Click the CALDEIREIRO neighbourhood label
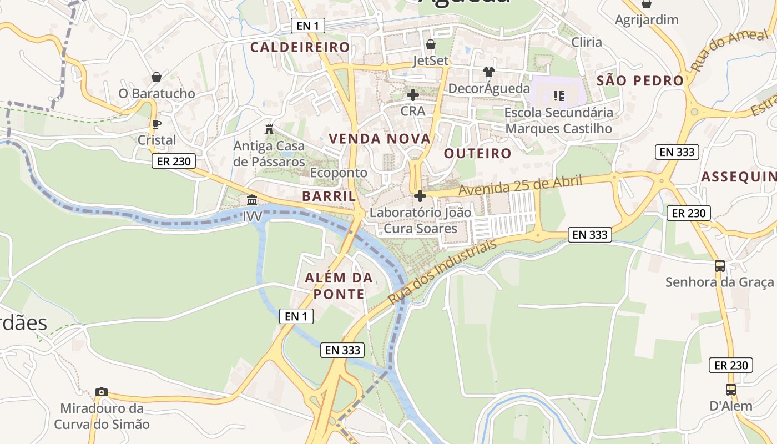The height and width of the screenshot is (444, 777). (300, 47)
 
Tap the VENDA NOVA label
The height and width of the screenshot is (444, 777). (380, 139)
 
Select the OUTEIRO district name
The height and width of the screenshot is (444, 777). (477, 153)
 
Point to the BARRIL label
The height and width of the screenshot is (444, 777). (329, 196)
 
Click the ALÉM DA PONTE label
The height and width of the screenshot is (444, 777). (339, 286)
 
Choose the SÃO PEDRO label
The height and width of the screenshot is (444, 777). (640, 80)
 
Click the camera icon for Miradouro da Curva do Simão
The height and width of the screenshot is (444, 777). (101, 392)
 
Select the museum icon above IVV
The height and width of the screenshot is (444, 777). (252, 200)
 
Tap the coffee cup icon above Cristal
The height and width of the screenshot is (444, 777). (156, 124)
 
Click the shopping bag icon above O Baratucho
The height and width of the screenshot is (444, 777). (157, 77)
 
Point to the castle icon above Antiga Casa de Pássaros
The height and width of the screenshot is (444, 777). (269, 129)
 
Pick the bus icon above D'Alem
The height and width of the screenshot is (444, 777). (730, 390)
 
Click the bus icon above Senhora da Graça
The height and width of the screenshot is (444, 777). (720, 266)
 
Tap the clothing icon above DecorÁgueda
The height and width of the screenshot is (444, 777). (488, 72)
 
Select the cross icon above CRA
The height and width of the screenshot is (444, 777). (412, 95)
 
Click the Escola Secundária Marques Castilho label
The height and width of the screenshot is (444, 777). (559, 120)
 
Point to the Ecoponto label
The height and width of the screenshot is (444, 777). (339, 173)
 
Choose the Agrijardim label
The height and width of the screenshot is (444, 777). (647, 20)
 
